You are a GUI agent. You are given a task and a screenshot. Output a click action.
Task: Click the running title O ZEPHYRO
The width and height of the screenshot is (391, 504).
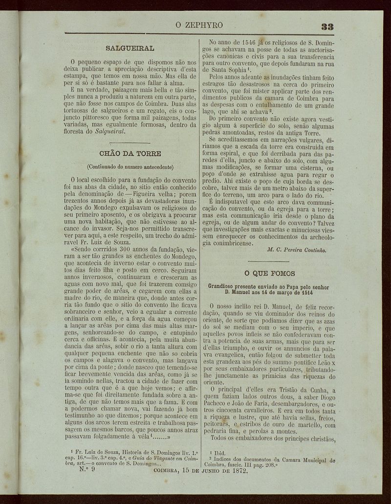tap(199, 25)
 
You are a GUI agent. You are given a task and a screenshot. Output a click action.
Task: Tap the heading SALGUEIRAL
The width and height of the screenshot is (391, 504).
tap(130, 48)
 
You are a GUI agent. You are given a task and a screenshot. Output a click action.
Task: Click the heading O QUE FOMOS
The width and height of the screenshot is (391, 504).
tap(270, 273)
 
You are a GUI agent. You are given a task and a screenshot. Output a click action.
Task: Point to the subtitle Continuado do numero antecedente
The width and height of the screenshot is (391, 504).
tap(130, 166)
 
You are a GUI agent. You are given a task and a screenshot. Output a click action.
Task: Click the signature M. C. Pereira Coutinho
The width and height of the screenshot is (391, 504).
tap(297, 250)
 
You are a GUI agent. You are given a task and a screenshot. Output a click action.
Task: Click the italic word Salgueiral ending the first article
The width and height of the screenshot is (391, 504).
tap(110, 132)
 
